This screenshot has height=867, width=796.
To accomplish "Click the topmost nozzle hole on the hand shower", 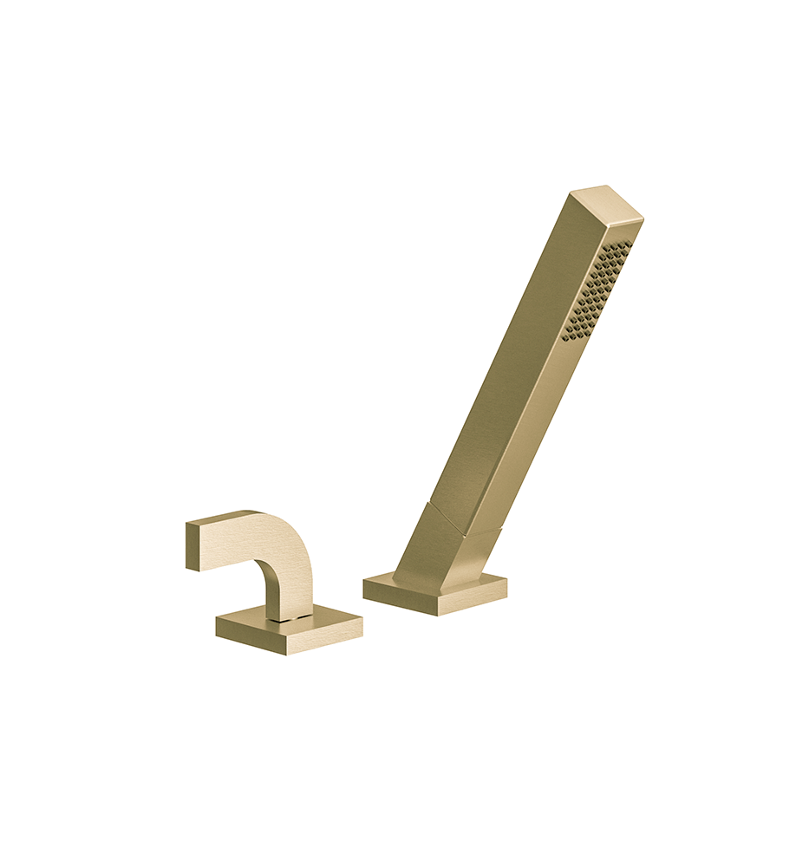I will pos(627,244).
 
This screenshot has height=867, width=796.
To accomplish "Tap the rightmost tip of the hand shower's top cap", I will pos(642,217).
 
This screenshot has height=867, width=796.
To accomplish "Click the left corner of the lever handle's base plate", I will pos(218,624).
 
